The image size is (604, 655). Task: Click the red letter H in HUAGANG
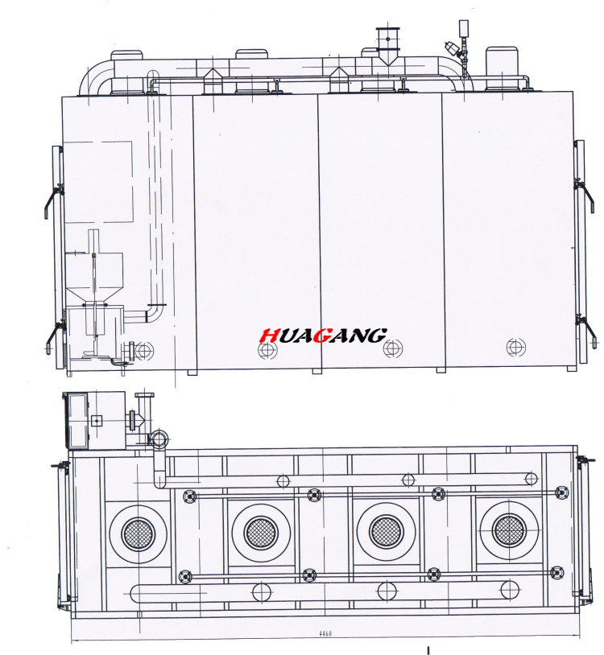[269, 336]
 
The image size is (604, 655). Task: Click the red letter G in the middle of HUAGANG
[322, 335]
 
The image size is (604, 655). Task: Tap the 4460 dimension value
[325, 633]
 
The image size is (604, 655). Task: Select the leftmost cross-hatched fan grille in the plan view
[139, 533]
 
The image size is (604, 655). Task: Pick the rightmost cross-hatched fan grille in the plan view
[509, 530]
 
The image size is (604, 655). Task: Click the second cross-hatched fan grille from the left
[261, 533]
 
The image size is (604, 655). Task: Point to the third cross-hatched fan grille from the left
[387, 531]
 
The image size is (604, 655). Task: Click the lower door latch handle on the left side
[53, 336]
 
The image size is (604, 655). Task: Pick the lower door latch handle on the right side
[586, 332]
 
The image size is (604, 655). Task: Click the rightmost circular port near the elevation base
[515, 347]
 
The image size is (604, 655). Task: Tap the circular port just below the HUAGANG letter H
[267, 350]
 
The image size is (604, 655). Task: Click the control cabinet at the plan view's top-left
[94, 420]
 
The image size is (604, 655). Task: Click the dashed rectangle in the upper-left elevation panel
[97, 182]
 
